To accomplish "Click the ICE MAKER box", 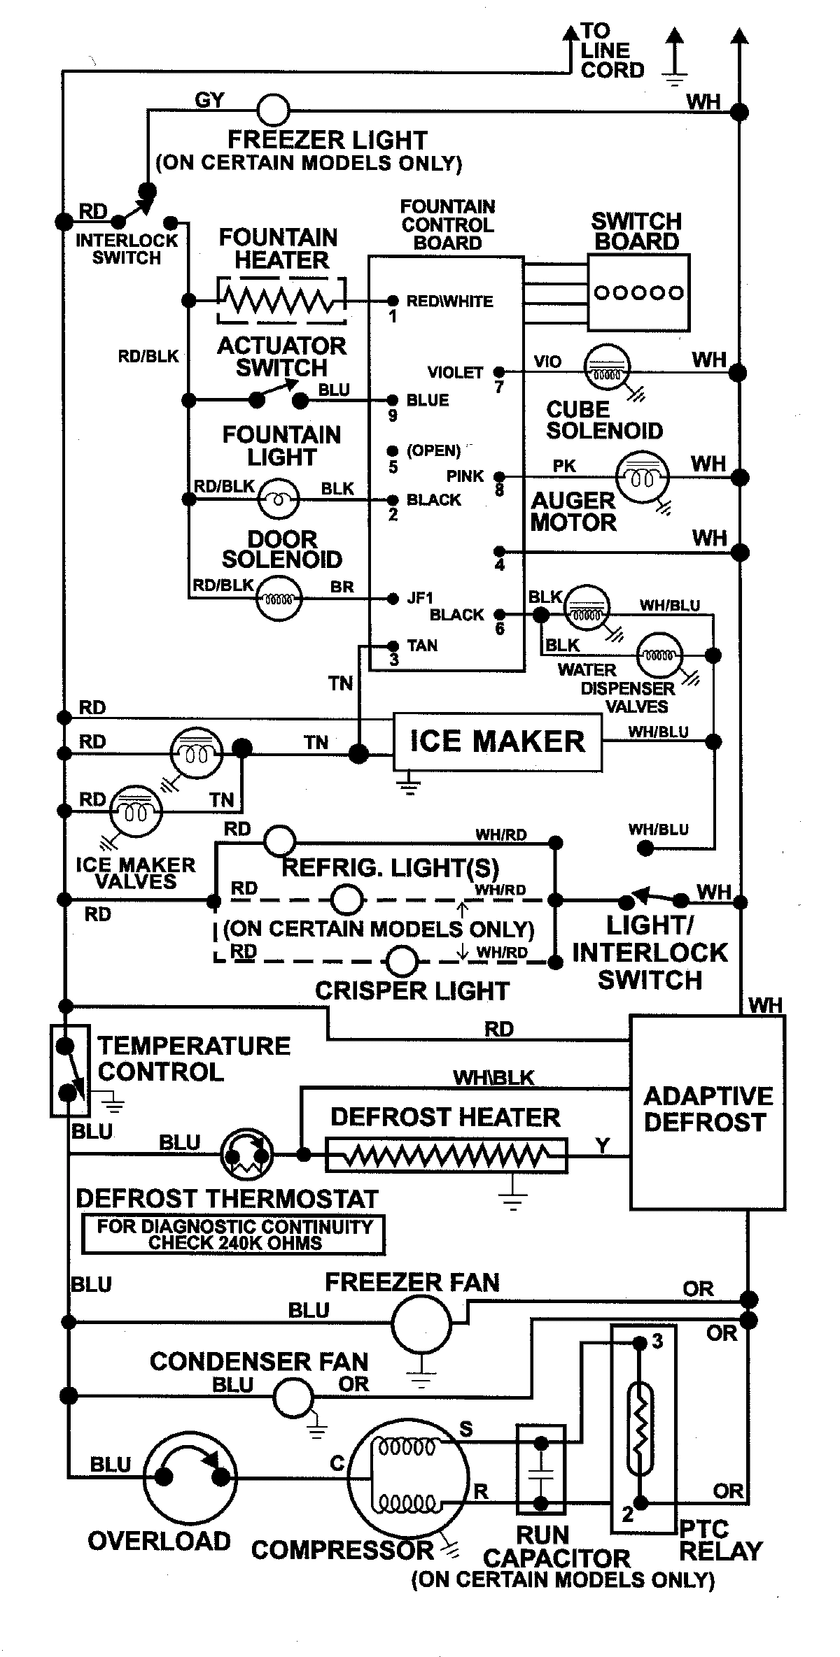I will (x=497, y=742).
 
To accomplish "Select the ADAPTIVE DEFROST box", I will (x=707, y=1112).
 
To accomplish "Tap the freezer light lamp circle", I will (x=274, y=110).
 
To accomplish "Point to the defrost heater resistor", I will (x=447, y=1155).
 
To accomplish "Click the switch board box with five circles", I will (x=638, y=292).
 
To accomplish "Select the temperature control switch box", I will (x=70, y=1070).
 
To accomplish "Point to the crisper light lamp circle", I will (x=402, y=961).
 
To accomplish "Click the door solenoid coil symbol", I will (x=279, y=599).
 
